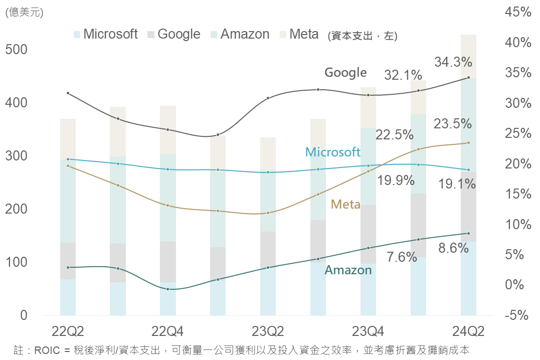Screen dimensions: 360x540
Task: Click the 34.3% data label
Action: coord(453,62)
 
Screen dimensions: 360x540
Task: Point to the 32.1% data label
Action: coord(403,75)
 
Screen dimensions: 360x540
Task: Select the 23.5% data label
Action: coord(452,123)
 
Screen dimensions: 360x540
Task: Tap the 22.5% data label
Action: coord(395,135)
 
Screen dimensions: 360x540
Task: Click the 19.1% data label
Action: coord(456,184)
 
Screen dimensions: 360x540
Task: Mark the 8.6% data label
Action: coord(453,248)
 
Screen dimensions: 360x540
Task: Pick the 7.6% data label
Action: coord(402,257)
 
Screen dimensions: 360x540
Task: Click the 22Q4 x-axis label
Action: coord(167,331)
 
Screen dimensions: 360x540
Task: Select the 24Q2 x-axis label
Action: coord(468,331)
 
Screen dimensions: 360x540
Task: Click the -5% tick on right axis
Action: coord(518,315)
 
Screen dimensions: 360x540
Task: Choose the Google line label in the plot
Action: coord(345,72)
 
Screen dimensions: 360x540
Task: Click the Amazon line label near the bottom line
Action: coord(348,270)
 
